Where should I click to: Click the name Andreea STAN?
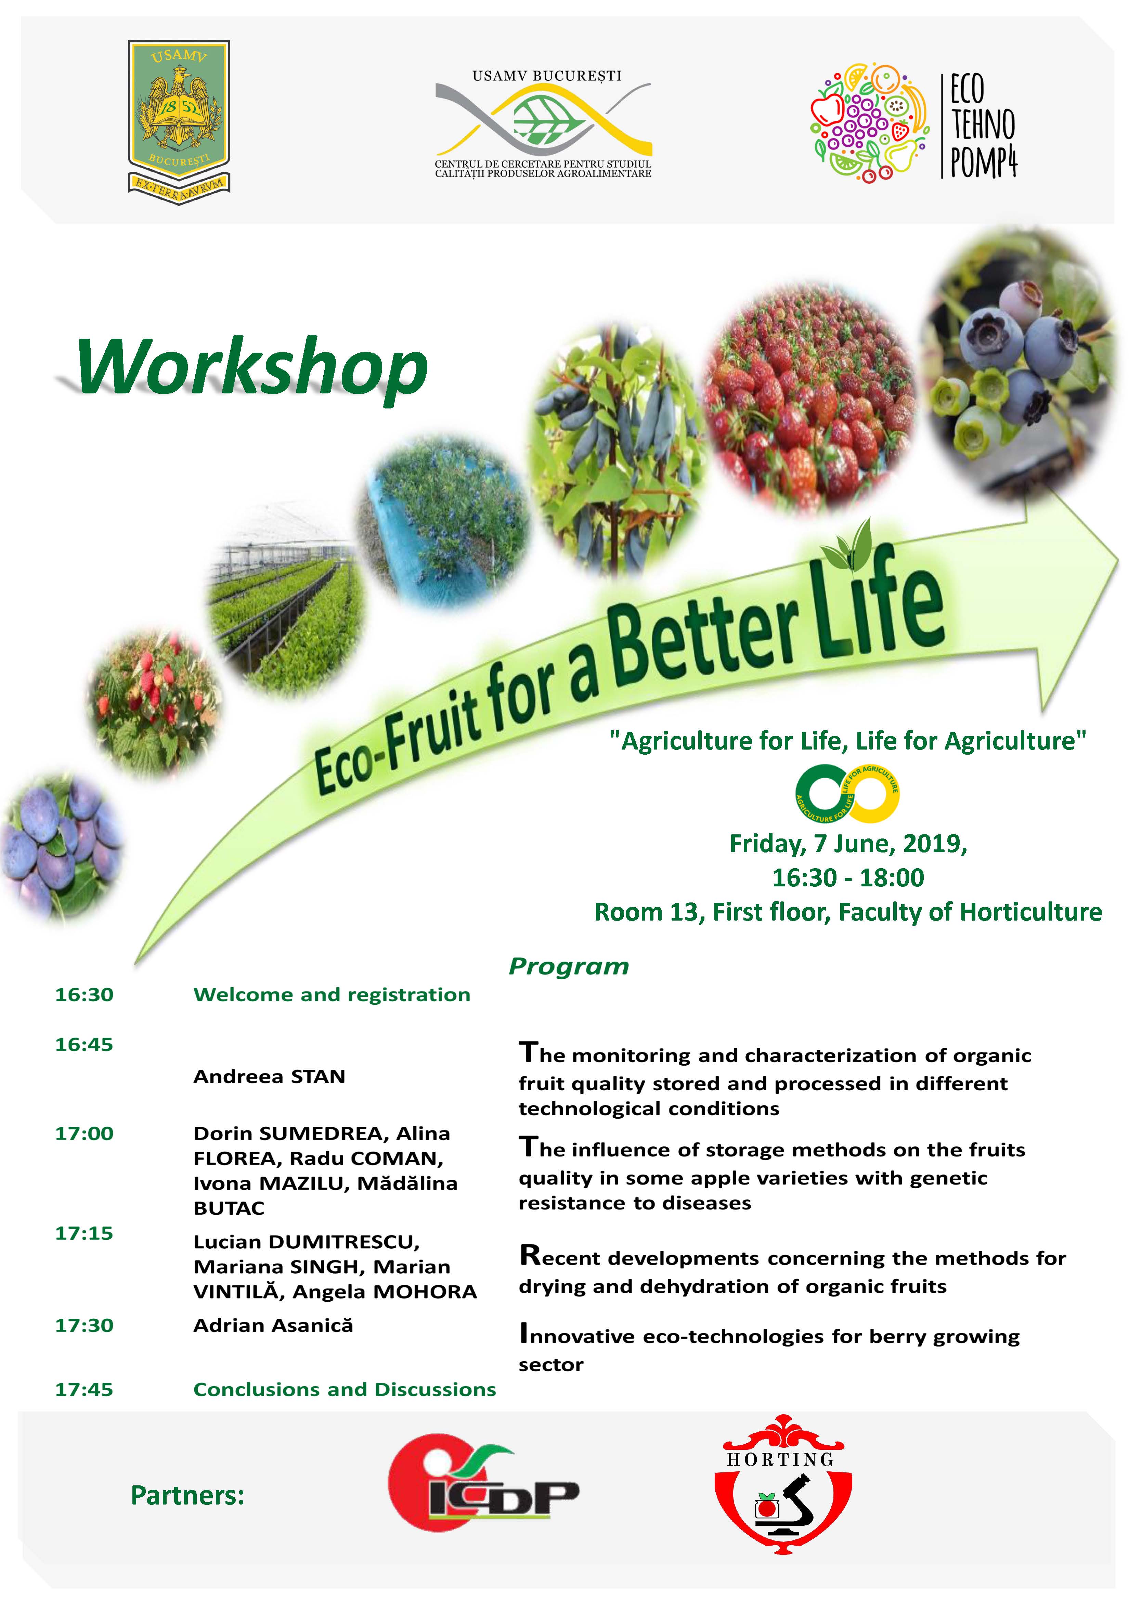click(269, 1076)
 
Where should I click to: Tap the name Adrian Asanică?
click(273, 1325)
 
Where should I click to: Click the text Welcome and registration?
click(332, 994)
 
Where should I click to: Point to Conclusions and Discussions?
click(345, 1389)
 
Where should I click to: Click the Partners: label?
click(187, 1495)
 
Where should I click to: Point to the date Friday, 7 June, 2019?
click(848, 844)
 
